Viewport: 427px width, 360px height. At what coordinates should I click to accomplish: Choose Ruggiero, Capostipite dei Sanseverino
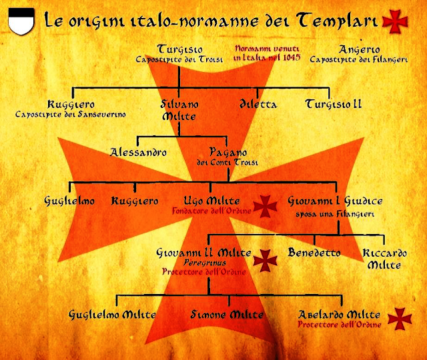[71, 105]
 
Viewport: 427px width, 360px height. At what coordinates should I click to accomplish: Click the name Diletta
[258, 104]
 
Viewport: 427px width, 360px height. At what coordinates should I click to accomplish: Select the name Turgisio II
[334, 104]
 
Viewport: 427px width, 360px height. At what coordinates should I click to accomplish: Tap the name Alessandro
[138, 152]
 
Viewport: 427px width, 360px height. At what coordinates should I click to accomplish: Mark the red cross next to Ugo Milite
[264, 206]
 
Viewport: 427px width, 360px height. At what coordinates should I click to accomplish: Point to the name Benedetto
[314, 253]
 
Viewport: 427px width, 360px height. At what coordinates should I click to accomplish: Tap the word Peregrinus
[203, 263]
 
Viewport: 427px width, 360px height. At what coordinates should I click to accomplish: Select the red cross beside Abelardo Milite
[400, 319]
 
